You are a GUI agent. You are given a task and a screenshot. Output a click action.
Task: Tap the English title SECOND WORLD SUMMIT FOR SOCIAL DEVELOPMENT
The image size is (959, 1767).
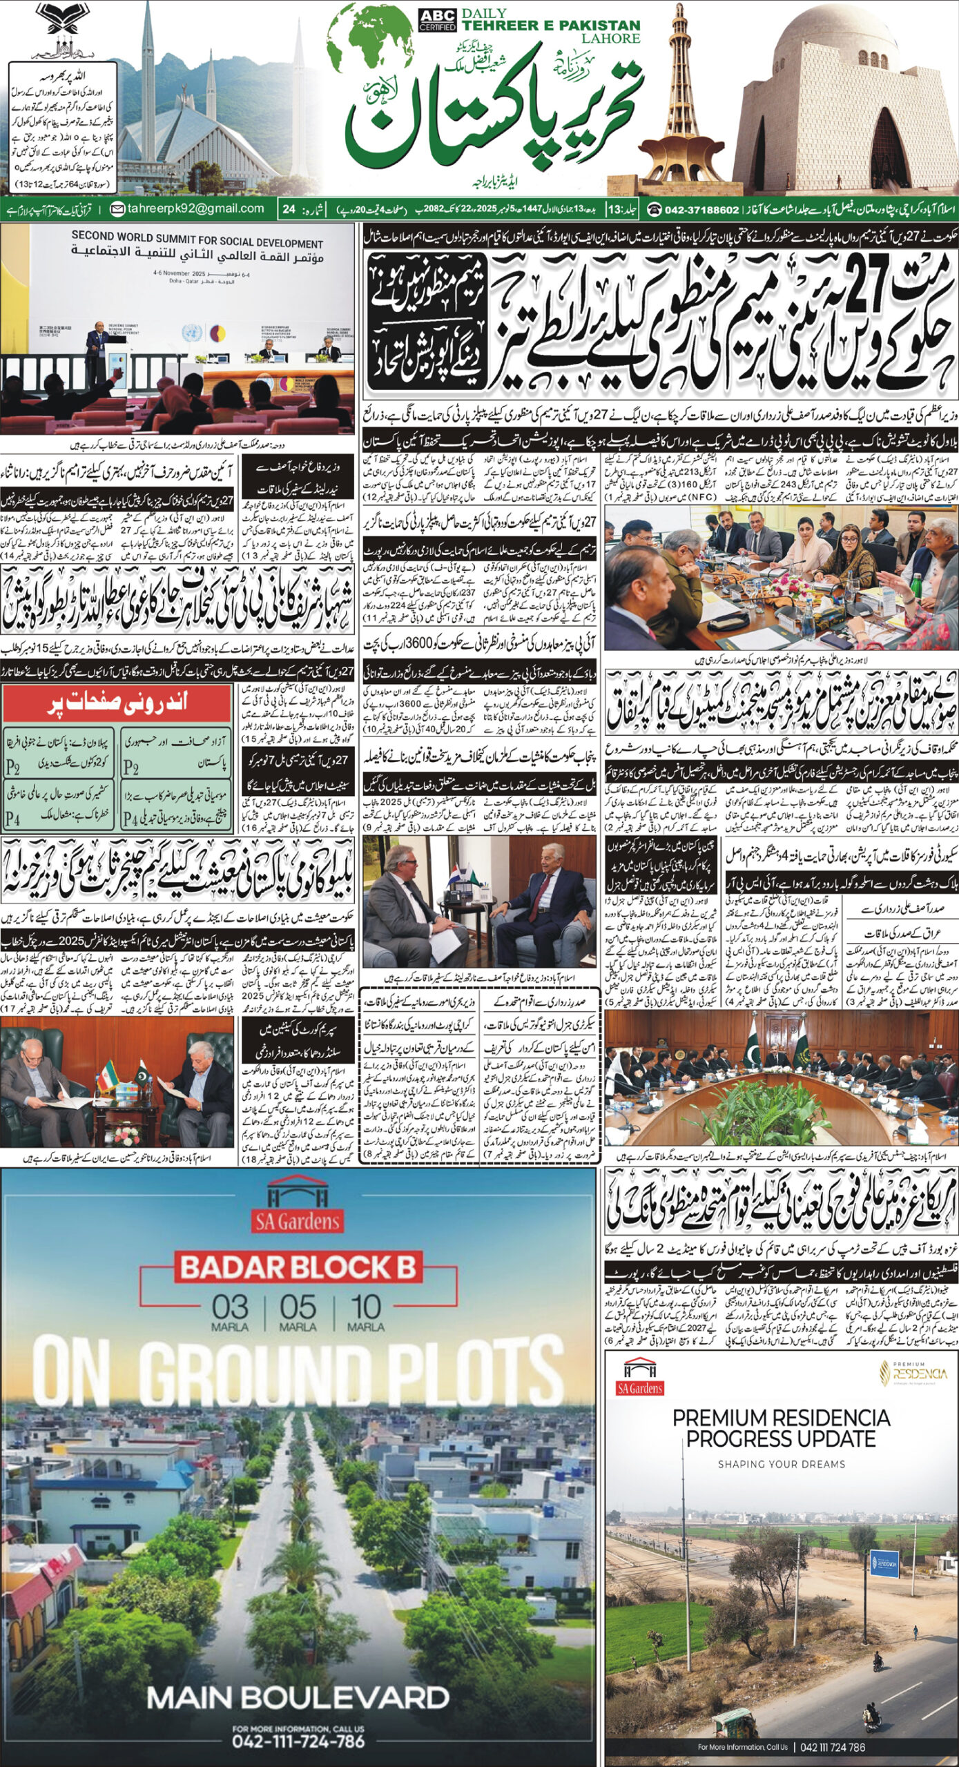(197, 240)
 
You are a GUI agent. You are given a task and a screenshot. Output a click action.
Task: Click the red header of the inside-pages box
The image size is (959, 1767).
(117, 705)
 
